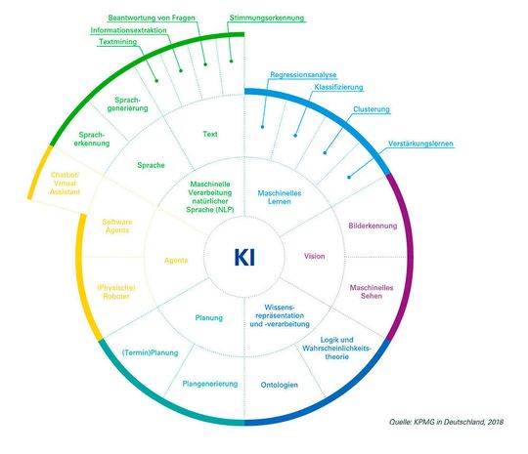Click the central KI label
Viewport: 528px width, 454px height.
(x=244, y=258)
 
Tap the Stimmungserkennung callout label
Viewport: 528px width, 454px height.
(x=267, y=18)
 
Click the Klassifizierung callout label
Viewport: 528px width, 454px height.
(x=340, y=88)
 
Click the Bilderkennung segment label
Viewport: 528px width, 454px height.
(x=373, y=226)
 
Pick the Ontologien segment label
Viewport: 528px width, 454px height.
(x=280, y=384)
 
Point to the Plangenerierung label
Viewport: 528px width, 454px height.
(x=210, y=384)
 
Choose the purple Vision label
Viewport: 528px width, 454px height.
(x=315, y=257)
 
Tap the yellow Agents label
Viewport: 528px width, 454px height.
(x=176, y=260)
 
